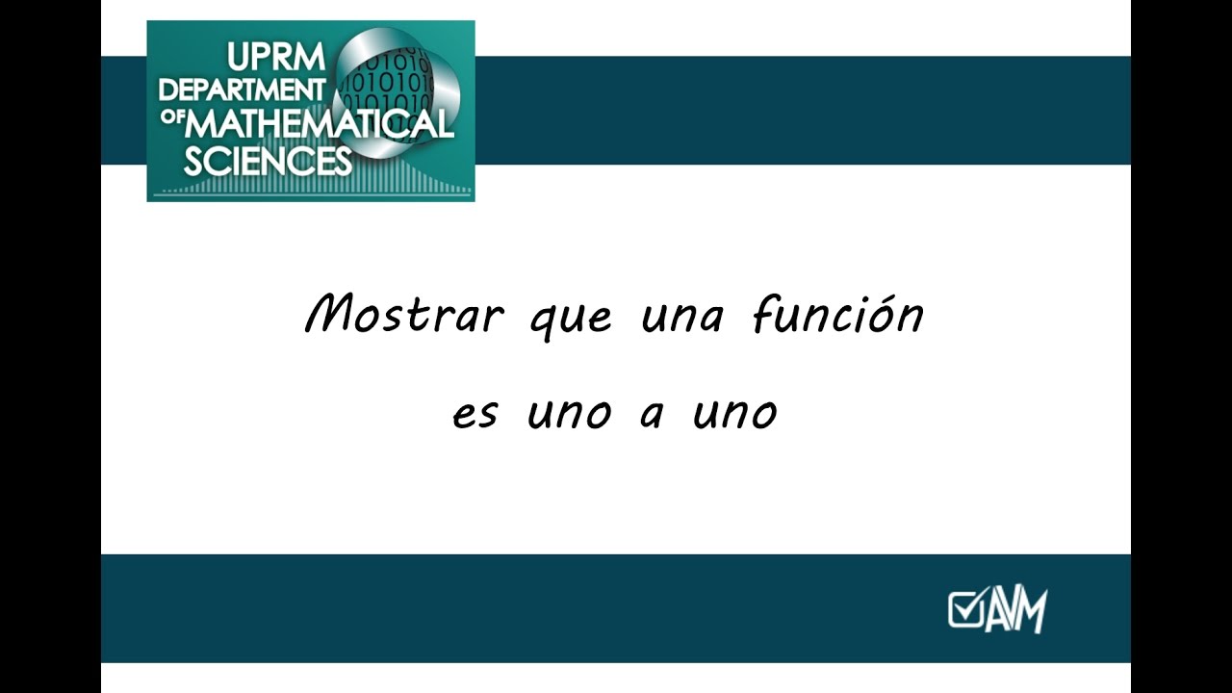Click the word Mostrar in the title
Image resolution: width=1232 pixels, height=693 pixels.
coord(404,314)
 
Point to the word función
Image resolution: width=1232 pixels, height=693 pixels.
coord(838,314)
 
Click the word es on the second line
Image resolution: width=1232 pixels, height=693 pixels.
coord(475,416)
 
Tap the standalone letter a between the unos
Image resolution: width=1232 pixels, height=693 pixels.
coord(653,415)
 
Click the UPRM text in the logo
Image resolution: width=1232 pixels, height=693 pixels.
coord(276,57)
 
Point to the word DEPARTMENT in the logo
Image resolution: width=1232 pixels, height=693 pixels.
coord(242,90)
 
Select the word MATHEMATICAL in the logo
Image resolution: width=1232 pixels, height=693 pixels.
coord(319,125)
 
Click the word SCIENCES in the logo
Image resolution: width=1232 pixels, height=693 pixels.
coord(268,161)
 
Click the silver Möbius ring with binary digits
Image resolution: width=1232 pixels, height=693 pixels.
coord(396,91)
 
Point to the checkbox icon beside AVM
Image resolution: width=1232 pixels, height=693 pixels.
coord(965,609)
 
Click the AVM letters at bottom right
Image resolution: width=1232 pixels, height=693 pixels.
coord(1015,609)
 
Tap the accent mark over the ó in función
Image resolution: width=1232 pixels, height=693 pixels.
coord(883,297)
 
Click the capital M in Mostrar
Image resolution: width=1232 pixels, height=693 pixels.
coord(333,314)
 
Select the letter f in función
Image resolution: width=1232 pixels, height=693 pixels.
coord(764,314)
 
